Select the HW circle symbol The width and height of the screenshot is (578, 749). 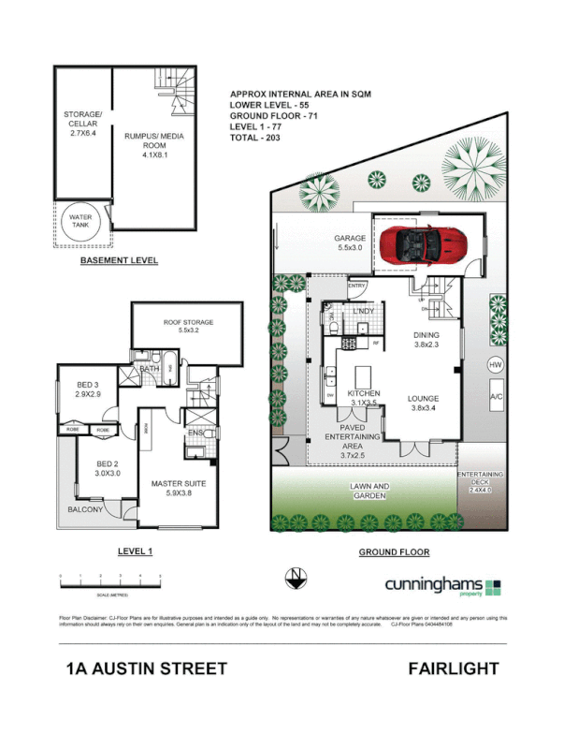tap(495, 365)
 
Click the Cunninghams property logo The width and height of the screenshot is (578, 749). tap(443, 585)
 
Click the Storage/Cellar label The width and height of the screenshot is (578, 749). tap(82, 125)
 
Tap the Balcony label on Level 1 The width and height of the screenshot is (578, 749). tap(85, 509)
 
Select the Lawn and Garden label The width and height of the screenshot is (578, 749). tap(369, 492)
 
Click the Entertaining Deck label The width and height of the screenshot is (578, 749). tap(480, 481)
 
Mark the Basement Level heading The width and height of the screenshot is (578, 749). tap(119, 260)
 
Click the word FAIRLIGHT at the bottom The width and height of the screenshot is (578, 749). tap(453, 668)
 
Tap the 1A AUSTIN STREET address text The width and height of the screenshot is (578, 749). tap(147, 668)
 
